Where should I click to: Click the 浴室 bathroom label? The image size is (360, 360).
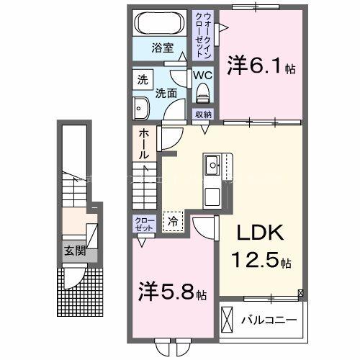(162, 49)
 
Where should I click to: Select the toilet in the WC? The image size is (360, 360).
(202, 91)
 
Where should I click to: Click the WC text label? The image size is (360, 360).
(201, 75)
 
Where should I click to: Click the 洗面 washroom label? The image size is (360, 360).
(166, 93)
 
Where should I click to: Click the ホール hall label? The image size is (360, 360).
(144, 144)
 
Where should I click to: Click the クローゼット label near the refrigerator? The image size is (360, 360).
(141, 223)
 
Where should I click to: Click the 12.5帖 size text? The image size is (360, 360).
(261, 260)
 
